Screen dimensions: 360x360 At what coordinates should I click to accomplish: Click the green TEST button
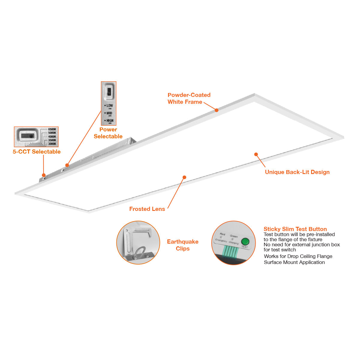[x=245, y=241]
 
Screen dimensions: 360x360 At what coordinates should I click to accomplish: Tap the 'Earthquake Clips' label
[x=182, y=245]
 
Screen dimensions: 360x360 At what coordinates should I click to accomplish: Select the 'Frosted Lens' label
[x=147, y=209]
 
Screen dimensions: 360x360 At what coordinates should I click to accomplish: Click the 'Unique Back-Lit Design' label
[x=297, y=172]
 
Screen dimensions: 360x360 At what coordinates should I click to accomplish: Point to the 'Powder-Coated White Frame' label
[x=189, y=98]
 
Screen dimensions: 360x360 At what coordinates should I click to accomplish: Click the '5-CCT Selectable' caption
[x=37, y=152]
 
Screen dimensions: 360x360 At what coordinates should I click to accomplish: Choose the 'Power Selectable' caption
[x=108, y=133]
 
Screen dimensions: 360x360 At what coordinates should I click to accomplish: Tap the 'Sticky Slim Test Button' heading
[x=295, y=229]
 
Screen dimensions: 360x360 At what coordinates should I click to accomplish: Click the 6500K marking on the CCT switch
[x=52, y=129]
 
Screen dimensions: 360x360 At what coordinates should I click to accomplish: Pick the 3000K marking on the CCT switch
[x=52, y=144]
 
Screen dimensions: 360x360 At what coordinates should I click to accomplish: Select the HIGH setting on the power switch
[x=110, y=121]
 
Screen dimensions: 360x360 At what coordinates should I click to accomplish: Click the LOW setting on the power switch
[x=109, y=106]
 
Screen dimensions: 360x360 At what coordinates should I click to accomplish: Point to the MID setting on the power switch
[x=109, y=113]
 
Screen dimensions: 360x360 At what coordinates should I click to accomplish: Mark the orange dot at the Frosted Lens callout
[x=184, y=177]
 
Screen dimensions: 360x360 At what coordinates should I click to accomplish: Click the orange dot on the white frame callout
[x=216, y=110]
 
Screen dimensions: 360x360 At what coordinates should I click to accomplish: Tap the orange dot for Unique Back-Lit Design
[x=256, y=154]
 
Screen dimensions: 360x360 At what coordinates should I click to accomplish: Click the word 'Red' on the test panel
[x=222, y=234]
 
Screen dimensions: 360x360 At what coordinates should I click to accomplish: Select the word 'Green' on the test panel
[x=234, y=236]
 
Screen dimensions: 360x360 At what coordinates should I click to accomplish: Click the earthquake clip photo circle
[x=138, y=243]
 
